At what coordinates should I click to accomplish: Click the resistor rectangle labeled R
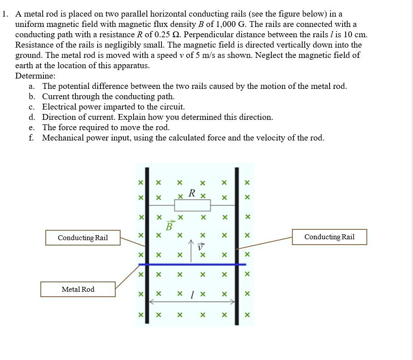(192, 206)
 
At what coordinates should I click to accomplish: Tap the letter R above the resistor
(192, 193)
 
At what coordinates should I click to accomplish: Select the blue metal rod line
(192, 264)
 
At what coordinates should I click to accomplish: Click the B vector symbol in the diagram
(169, 225)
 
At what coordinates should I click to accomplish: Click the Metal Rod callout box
(78, 290)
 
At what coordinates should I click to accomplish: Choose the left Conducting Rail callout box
(83, 237)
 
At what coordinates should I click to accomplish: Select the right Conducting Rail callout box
(329, 237)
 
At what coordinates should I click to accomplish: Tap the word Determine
(35, 76)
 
